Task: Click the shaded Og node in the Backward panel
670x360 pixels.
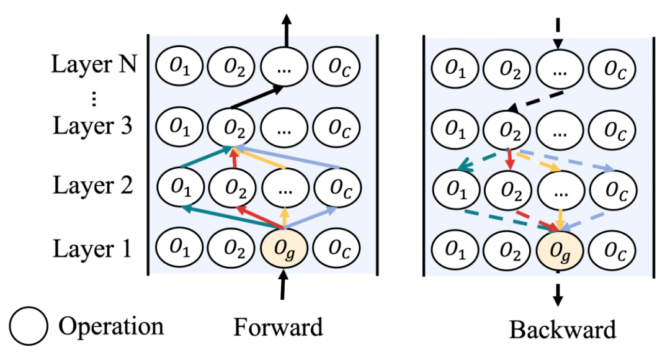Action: click(x=558, y=250)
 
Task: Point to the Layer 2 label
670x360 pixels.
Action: click(x=92, y=186)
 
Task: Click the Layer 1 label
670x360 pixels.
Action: click(x=92, y=249)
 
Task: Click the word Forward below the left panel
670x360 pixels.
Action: click(x=278, y=326)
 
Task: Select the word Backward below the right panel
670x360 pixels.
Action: click(x=563, y=329)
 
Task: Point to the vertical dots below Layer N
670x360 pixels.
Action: click(x=93, y=98)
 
